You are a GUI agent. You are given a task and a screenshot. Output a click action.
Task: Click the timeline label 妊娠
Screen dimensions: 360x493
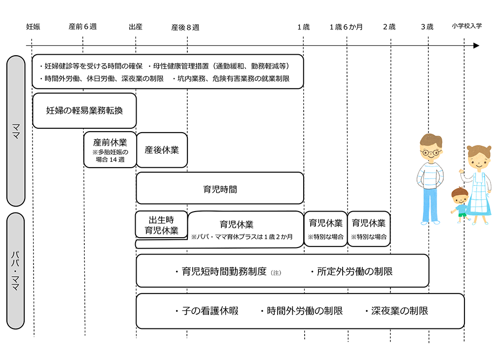(33, 27)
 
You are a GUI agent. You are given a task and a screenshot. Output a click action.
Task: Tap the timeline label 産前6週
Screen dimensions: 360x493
(82, 27)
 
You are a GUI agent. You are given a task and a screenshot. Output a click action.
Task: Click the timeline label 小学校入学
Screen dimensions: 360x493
(466, 27)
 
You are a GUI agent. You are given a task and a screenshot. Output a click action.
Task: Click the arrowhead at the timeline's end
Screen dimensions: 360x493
(476, 46)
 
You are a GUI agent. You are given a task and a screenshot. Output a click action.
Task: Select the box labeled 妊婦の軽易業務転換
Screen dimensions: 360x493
(84, 110)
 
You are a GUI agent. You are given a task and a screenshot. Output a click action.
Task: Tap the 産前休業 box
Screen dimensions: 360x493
(110, 149)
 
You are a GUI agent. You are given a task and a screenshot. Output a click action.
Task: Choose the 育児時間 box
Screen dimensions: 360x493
(220, 188)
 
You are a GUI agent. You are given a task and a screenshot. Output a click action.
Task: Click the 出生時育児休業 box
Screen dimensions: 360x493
(161, 224)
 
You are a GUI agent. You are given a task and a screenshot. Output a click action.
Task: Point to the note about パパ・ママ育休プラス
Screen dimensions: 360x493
(242, 237)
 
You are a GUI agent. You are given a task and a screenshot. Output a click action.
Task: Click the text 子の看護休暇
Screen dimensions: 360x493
(207, 311)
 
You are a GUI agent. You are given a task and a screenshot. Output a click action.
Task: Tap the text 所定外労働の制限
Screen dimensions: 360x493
(352, 271)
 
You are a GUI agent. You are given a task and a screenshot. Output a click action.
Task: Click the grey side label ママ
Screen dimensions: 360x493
(15, 131)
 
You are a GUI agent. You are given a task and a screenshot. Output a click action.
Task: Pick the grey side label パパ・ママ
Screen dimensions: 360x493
(15, 271)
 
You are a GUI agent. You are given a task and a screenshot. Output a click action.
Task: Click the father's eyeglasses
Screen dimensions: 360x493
(431, 153)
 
